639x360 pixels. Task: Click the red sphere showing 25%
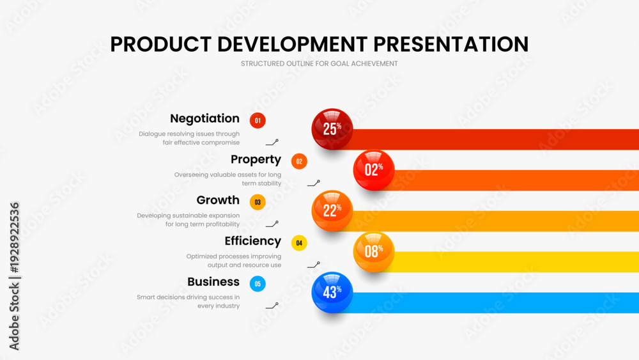click(332, 129)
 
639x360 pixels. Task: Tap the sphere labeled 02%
click(374, 170)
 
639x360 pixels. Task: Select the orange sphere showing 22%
click(332, 211)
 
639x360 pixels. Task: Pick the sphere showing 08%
click(374, 251)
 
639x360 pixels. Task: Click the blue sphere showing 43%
click(332, 292)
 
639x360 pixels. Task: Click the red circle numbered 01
click(258, 121)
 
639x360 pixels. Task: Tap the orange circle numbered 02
click(299, 161)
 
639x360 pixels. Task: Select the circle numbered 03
click(258, 202)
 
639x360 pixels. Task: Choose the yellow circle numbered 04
click(299, 243)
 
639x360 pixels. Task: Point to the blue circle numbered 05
click(258, 284)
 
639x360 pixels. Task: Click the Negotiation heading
click(204, 119)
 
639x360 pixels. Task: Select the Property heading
click(256, 159)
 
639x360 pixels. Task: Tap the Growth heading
click(218, 200)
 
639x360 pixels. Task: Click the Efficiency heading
click(252, 241)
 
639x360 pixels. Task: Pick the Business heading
click(213, 282)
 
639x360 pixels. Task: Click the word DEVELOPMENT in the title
click(293, 44)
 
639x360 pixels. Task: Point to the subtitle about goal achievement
click(319, 63)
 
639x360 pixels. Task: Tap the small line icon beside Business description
click(272, 306)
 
